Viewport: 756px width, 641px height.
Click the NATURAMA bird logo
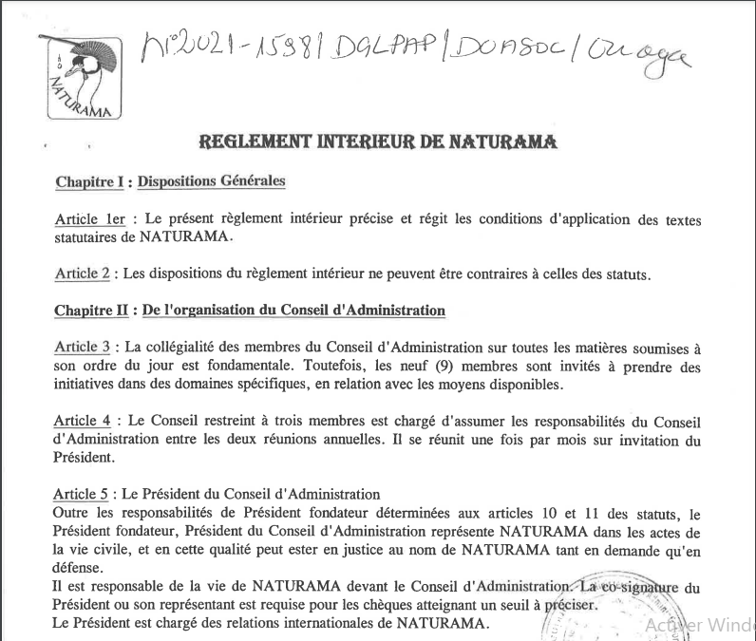point(83,77)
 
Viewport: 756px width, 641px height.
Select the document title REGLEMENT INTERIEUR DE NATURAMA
point(377,142)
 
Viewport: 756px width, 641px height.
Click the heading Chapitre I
point(90,181)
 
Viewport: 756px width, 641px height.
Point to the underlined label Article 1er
point(91,219)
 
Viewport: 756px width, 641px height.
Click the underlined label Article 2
point(83,274)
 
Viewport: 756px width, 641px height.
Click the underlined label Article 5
point(82,494)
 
